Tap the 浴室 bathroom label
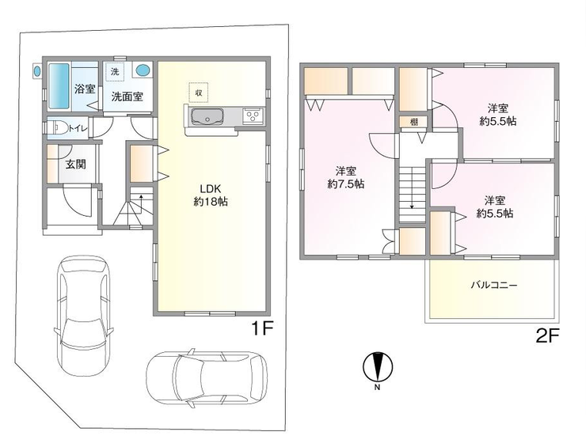click(x=85, y=89)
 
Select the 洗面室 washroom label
click(x=127, y=97)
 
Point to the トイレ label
click(x=78, y=128)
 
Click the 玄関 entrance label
click(x=76, y=164)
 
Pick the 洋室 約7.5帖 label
click(x=346, y=178)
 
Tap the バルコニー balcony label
click(x=493, y=286)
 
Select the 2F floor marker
click(x=547, y=337)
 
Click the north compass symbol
click(x=378, y=367)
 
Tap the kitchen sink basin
click(x=207, y=117)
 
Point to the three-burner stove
click(x=253, y=116)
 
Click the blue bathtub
click(x=59, y=86)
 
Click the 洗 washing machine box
click(x=115, y=71)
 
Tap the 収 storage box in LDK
click(x=199, y=93)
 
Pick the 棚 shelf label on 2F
click(x=413, y=122)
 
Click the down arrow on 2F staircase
click(x=412, y=188)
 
